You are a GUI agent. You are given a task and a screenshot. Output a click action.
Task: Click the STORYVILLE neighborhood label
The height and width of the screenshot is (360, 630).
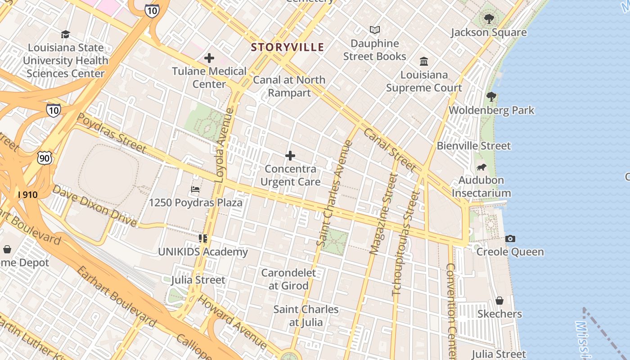coord(288,47)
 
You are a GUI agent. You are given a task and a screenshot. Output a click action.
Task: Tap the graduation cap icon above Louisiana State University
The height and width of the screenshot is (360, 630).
coord(66,35)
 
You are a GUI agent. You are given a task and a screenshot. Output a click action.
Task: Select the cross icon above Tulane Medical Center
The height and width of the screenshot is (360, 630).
coord(209,58)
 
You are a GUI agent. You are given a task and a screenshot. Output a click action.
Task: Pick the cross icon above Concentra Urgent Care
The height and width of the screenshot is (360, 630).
coord(290,156)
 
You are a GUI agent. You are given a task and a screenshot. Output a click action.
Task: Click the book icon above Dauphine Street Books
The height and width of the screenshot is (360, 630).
coord(375,30)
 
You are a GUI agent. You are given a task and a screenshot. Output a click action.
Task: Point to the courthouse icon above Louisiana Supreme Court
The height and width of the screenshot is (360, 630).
coord(424,61)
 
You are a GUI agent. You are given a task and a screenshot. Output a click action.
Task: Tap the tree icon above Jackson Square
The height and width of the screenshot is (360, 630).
coord(489,19)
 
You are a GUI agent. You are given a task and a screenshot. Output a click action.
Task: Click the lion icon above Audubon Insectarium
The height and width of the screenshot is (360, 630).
coord(481,167)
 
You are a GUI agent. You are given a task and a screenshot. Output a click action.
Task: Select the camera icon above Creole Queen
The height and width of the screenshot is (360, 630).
coord(510,238)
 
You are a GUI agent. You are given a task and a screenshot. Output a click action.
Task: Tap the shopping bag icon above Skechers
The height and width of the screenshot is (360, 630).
coord(499,301)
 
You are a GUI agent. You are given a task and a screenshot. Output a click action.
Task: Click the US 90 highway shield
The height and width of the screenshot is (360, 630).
coord(45,157)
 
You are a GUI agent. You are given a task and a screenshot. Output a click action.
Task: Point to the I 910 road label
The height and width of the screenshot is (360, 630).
coord(27,195)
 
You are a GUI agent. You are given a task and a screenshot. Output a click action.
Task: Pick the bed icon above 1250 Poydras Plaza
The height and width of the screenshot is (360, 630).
coord(195,189)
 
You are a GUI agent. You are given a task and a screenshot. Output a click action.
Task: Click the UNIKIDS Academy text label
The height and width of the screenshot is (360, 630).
coord(203,252)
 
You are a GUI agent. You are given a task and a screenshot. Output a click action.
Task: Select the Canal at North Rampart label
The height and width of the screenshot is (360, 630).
coord(289,86)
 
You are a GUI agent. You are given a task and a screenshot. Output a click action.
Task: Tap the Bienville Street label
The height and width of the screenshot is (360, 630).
coord(474,146)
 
